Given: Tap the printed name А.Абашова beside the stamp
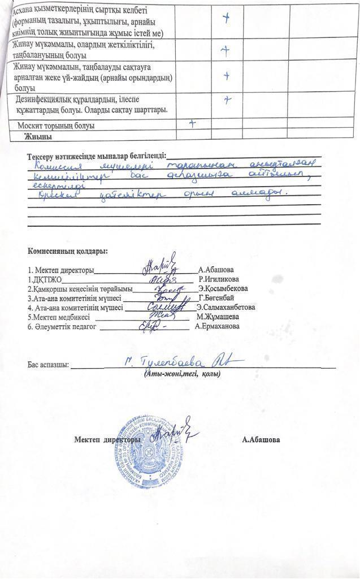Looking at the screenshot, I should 261,439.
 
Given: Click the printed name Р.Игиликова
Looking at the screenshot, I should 219,279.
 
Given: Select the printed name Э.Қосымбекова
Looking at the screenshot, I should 223,288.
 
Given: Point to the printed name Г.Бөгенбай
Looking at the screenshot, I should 216,298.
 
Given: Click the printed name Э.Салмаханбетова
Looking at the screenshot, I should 225,308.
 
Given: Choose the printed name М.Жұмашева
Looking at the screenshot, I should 218,317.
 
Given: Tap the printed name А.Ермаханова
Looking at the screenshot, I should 217,326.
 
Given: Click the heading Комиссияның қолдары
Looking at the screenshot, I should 68,251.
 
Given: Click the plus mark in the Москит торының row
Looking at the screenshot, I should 193,124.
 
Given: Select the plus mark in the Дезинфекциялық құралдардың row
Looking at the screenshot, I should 226,100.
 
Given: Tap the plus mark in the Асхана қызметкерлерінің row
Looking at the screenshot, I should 226,18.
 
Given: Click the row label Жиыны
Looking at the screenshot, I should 38,136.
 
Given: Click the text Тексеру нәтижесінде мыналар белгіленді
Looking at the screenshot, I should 97,156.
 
